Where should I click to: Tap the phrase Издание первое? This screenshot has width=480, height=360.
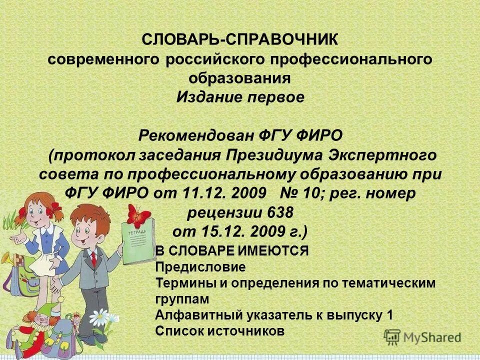(x=240, y=97)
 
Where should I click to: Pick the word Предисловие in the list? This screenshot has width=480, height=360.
(x=193, y=267)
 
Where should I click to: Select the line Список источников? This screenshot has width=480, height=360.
(x=220, y=330)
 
